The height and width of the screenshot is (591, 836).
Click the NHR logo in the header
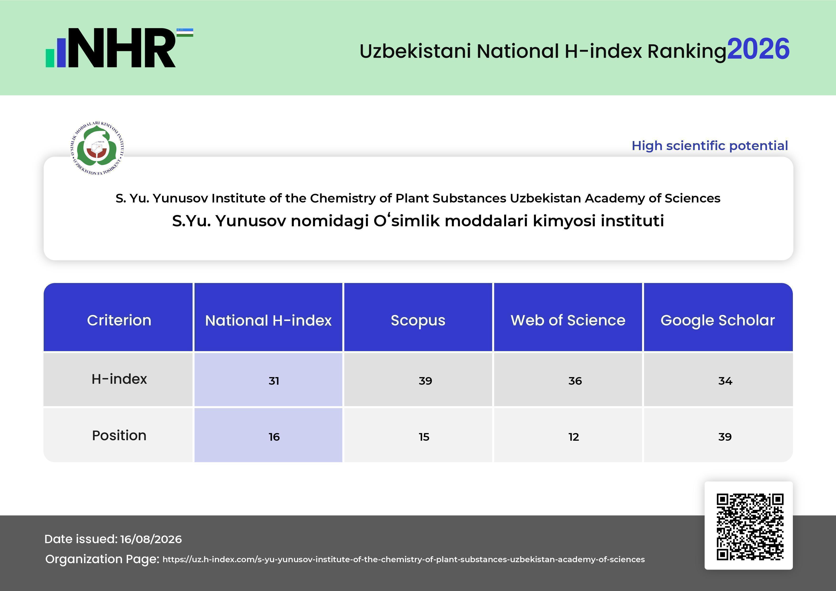click(119, 48)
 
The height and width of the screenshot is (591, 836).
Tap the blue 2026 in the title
click(759, 49)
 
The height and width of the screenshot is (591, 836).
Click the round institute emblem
click(97, 148)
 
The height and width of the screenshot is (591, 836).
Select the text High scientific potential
click(710, 146)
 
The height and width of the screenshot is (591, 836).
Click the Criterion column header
click(119, 320)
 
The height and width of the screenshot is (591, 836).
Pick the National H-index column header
click(268, 320)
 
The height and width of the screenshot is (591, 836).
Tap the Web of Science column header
click(568, 320)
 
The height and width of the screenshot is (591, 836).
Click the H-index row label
click(119, 379)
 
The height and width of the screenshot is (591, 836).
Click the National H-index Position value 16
click(274, 437)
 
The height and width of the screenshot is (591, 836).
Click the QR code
click(750, 527)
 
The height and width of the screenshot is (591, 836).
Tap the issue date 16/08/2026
click(151, 539)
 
